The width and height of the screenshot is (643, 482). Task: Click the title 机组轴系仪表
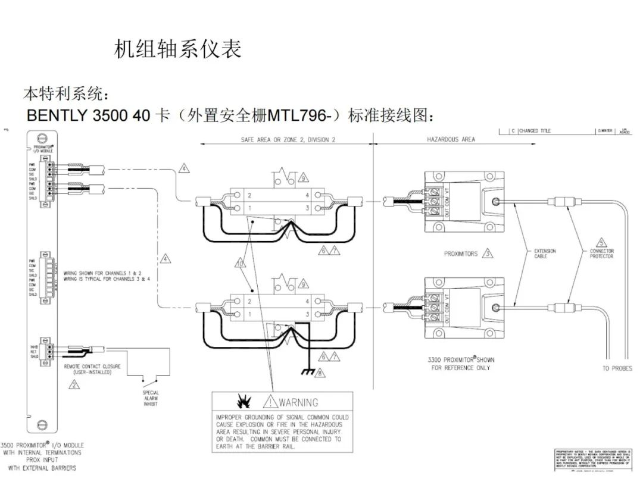click(x=177, y=49)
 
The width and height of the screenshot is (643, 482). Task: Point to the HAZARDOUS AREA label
click(x=451, y=139)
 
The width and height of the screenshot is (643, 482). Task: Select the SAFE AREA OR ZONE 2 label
click(x=288, y=139)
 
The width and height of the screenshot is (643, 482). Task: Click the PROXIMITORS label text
click(x=461, y=253)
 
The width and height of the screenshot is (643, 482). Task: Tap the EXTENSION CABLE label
click(x=545, y=253)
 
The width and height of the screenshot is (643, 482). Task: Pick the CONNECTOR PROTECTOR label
click(x=601, y=253)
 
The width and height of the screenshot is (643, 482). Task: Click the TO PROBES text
click(x=617, y=368)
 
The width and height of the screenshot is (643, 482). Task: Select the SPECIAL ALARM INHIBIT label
click(x=150, y=398)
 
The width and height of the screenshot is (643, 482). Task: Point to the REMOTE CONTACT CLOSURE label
click(x=92, y=369)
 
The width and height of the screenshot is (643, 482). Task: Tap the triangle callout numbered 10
click(x=241, y=262)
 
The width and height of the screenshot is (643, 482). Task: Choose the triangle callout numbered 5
click(x=602, y=242)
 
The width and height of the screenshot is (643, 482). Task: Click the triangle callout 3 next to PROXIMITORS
click(x=488, y=253)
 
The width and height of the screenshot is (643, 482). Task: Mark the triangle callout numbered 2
click(x=74, y=384)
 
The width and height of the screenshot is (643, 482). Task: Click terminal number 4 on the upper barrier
click(x=307, y=195)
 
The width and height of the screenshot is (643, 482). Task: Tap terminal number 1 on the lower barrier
click(x=249, y=313)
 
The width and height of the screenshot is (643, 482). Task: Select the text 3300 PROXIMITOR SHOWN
click(x=460, y=360)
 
